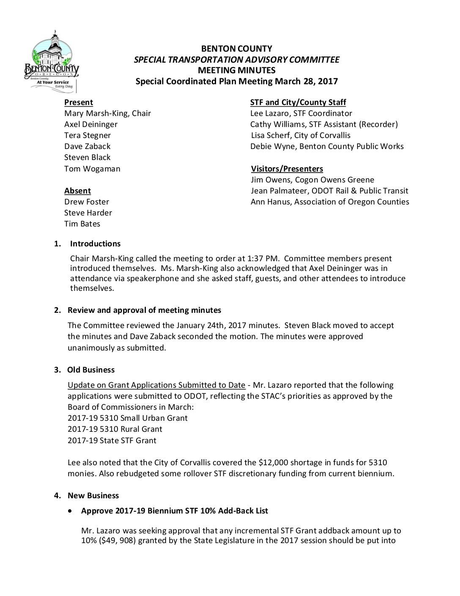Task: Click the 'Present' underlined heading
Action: coord(79,102)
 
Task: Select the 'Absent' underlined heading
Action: coord(77,191)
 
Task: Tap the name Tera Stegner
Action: coord(88,135)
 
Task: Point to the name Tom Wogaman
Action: coord(92,169)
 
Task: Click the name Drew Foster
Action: coord(87,202)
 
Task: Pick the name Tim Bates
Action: coord(82,224)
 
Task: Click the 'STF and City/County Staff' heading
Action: coord(298,102)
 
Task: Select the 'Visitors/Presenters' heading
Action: coord(287,169)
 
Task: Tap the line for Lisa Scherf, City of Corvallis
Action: coord(301,135)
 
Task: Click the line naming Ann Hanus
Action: coord(330,202)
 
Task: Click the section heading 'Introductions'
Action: coord(95,244)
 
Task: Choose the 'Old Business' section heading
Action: coord(91,370)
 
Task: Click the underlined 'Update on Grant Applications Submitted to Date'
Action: coord(156,385)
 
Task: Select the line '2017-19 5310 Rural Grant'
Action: coord(115,429)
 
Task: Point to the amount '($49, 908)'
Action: coord(113,541)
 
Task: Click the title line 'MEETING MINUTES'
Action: coord(236,70)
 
